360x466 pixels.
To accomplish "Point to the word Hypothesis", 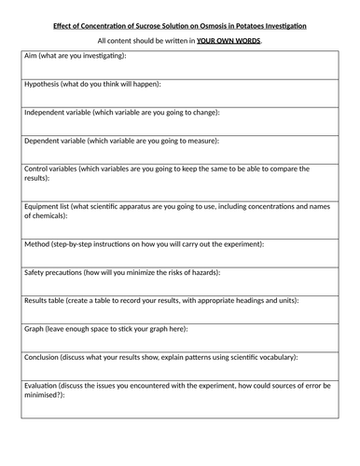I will click(x=43, y=84).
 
